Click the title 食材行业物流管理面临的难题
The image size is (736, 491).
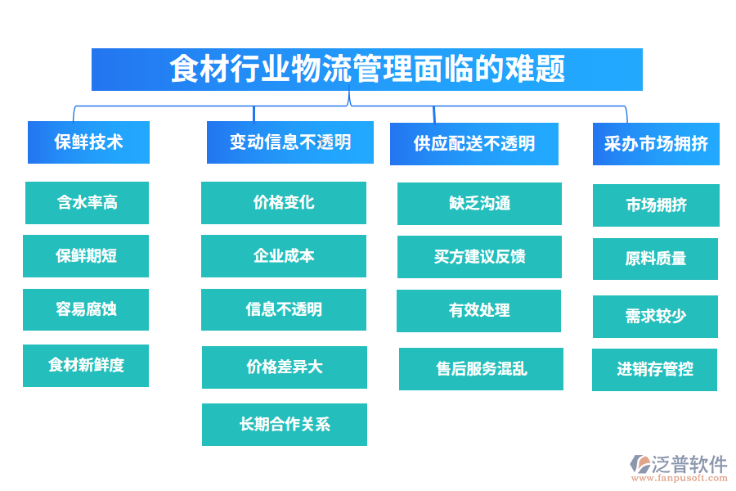[366, 70]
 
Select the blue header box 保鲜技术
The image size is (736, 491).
[88, 142]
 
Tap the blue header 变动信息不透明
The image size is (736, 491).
[289, 142]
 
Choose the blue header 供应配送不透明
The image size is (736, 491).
[474, 144]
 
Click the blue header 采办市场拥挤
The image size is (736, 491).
[656, 144]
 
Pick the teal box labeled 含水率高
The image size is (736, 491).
[87, 203]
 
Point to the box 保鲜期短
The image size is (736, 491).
[86, 256]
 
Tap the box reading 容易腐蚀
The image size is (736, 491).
[86, 309]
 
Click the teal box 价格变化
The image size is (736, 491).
[284, 203]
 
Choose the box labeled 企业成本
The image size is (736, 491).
[284, 256]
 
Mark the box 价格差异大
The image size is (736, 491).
[285, 367]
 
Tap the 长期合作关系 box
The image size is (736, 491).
[285, 425]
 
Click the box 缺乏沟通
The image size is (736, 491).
[479, 204]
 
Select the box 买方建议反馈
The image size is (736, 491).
[479, 257]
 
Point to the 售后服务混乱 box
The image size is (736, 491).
[481, 369]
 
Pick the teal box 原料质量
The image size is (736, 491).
[655, 259]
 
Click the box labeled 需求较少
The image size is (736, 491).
[655, 317]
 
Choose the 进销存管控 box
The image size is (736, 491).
[654, 370]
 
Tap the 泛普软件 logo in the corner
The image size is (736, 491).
[678, 467]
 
